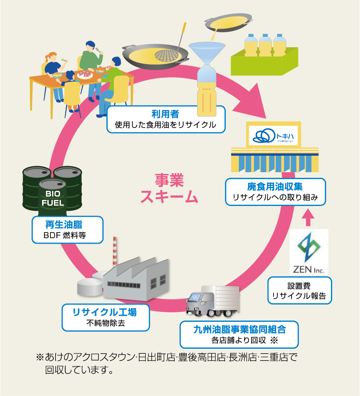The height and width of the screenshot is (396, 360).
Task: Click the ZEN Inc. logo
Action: point(309,251)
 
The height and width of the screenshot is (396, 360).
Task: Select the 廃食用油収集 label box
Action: point(275,192)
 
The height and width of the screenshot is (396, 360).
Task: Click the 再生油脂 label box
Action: point(67,230)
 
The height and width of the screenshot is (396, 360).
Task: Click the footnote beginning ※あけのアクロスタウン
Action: point(167,363)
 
